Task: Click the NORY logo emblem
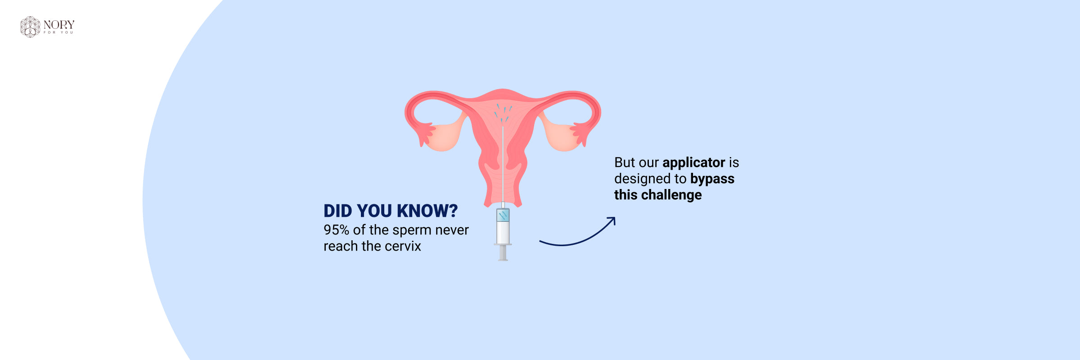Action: pyautogui.click(x=30, y=27)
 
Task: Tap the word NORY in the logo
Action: pyautogui.click(x=59, y=24)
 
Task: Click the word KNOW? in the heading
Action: pyautogui.click(x=427, y=211)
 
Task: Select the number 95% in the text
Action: pyautogui.click(x=336, y=230)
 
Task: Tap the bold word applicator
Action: pyautogui.click(x=693, y=163)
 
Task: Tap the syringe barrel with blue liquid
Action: pyautogui.click(x=503, y=226)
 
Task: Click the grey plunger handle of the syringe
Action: pyautogui.click(x=503, y=253)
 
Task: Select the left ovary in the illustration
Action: pyautogui.click(x=443, y=136)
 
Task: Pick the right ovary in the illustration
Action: pyautogui.click(x=562, y=136)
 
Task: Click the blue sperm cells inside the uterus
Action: pyautogui.click(x=503, y=112)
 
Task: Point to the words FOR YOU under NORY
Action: pyautogui.click(x=58, y=32)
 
